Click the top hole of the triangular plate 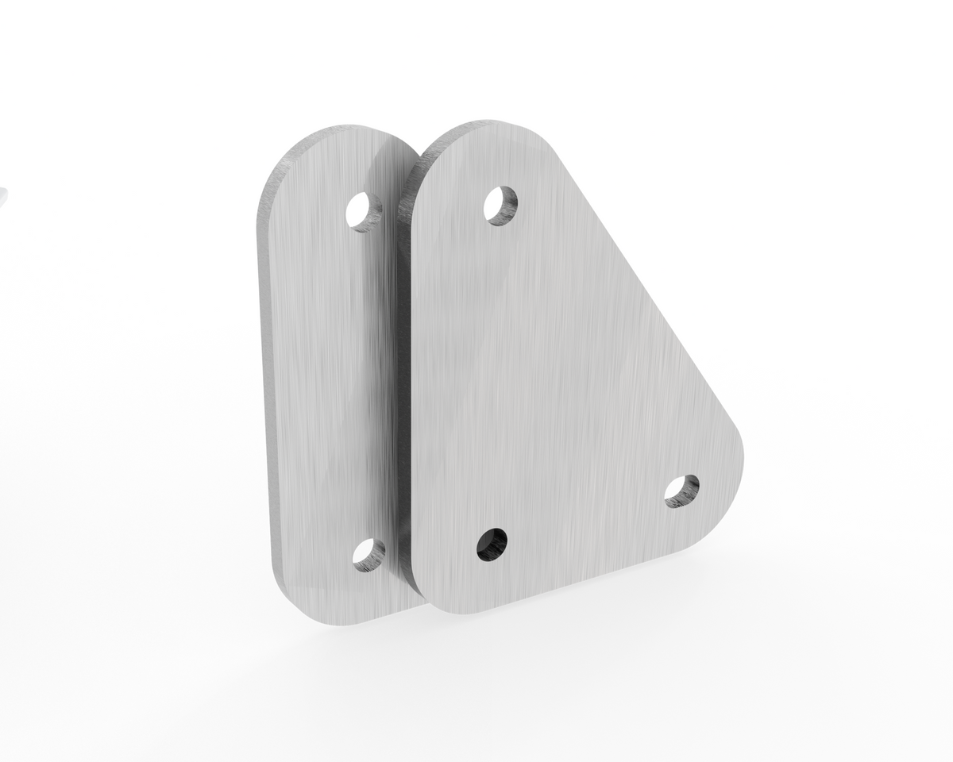tap(501, 205)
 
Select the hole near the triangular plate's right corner tap(681, 491)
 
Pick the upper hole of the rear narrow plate tap(365, 210)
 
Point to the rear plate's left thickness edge tap(264, 381)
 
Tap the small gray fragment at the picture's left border tap(2, 194)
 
